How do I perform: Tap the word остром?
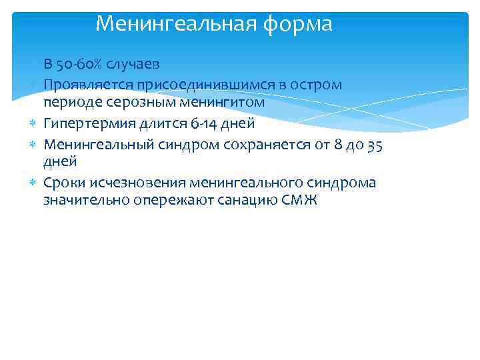click(x=315, y=85)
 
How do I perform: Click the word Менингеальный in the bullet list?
click(x=96, y=143)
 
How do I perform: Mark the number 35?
click(x=375, y=143)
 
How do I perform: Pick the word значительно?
click(x=83, y=201)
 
